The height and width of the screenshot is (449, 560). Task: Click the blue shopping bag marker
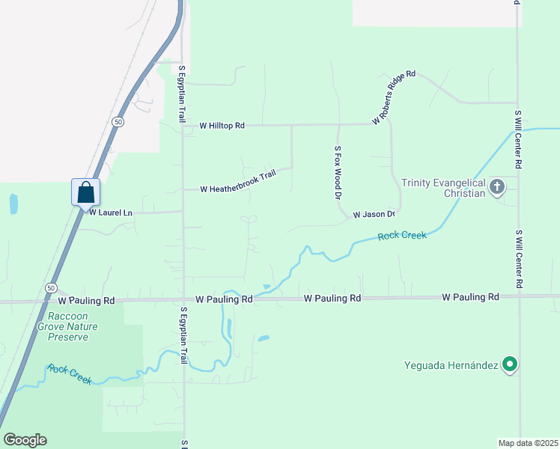tap(86, 192)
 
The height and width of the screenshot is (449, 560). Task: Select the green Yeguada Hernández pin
tap(510, 365)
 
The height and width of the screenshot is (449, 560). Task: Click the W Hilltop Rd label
tap(222, 126)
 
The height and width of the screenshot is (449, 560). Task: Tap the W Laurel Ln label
tap(111, 213)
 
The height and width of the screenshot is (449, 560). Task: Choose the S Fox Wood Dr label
tap(338, 172)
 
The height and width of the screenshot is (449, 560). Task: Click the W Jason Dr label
tap(374, 214)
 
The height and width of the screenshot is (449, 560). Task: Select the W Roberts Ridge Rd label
tap(394, 98)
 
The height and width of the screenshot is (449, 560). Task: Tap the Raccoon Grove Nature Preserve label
tap(73, 326)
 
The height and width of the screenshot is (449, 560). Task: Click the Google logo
tap(25, 440)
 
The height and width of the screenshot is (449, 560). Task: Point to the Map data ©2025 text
tap(529, 442)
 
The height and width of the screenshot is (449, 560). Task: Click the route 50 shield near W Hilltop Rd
tap(118, 121)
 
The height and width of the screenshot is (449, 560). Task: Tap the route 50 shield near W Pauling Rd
tap(51, 287)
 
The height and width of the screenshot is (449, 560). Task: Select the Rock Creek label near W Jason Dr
tap(402, 236)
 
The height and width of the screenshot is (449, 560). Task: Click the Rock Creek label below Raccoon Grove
tap(69, 373)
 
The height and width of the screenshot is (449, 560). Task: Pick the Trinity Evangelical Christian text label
tap(442, 187)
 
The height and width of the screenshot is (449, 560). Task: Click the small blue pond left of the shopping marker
tap(13, 204)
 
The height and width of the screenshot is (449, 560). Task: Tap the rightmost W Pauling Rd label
tap(470, 297)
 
